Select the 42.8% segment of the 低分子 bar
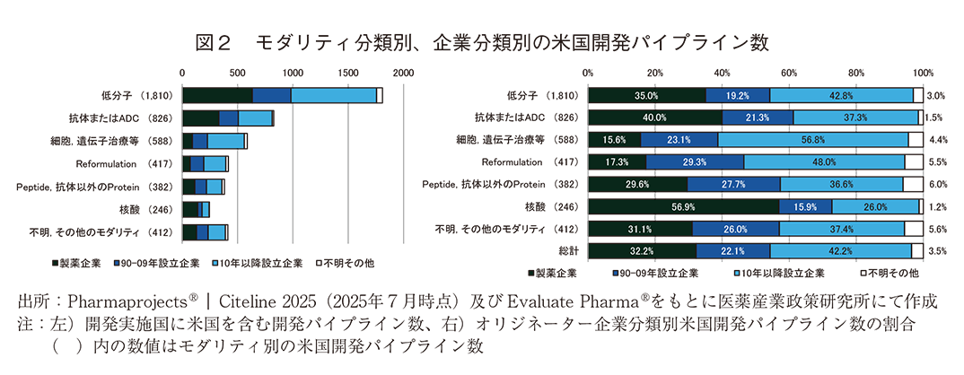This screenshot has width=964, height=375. pos(841,95)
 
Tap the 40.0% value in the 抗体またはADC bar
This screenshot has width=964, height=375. pos(654,118)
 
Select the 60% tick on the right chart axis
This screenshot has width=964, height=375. pos(789,72)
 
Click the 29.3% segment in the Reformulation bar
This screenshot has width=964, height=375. pos(694,162)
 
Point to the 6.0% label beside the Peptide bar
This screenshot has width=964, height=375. pos(934,185)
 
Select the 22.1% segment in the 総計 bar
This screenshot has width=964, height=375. pos(732,252)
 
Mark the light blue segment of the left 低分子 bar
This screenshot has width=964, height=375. pos(333,95)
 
